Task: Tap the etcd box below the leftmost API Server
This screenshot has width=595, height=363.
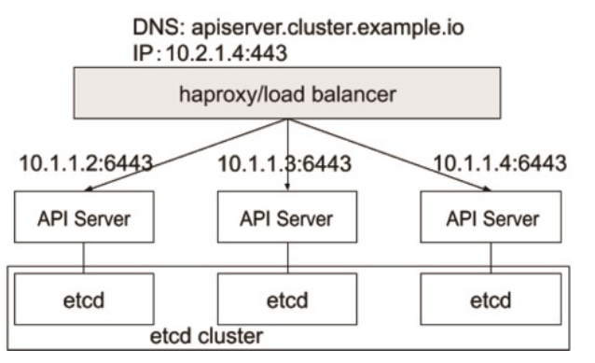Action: (x=83, y=302)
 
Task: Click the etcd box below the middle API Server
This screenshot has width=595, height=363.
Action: (x=287, y=302)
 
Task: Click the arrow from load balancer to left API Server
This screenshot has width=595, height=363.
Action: (x=187, y=154)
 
